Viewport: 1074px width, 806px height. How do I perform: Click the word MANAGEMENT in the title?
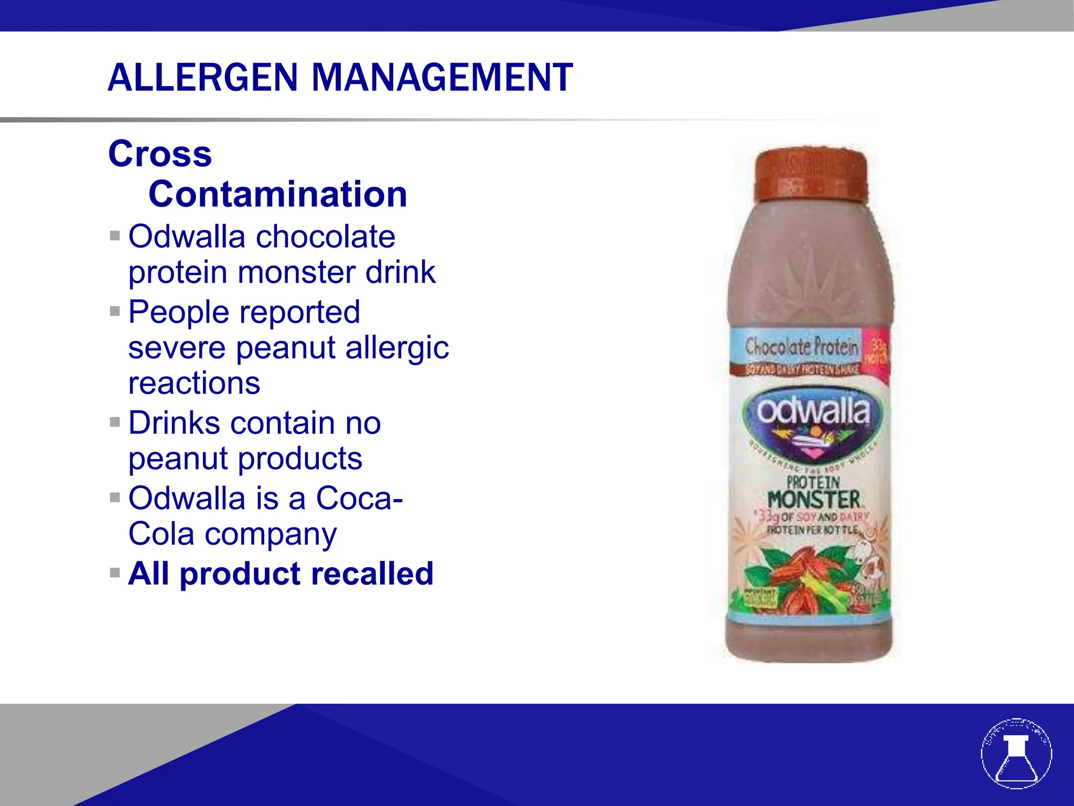point(443,78)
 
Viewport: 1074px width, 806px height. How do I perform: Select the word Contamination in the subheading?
point(277,194)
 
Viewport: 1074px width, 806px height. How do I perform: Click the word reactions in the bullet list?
point(194,383)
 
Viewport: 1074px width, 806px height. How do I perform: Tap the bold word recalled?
point(373,574)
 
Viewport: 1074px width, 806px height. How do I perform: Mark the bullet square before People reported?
point(115,311)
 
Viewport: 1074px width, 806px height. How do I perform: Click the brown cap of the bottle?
point(811,176)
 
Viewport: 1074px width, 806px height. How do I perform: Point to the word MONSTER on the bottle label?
point(813,499)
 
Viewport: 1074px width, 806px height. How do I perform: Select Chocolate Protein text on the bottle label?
point(801,346)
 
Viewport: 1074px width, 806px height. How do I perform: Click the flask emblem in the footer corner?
point(1016,754)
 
